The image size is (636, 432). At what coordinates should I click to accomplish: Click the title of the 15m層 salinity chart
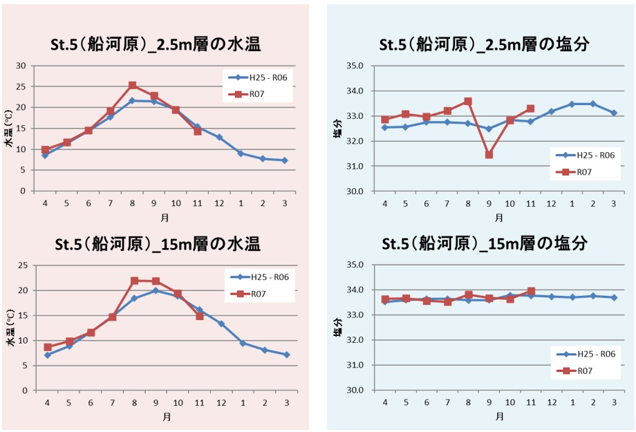484,244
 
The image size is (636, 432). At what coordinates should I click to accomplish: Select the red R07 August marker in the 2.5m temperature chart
132,86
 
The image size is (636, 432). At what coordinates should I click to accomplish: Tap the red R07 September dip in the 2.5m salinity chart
489,155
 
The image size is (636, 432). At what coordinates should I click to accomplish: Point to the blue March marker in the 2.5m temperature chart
285,160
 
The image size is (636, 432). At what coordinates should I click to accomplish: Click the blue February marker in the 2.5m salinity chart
592,104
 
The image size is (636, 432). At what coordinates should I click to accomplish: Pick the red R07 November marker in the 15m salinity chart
530,292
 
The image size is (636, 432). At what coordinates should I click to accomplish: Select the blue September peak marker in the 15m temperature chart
156,290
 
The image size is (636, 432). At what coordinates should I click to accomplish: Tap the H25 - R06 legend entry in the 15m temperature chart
261,277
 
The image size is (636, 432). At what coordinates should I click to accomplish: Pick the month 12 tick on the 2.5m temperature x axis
219,203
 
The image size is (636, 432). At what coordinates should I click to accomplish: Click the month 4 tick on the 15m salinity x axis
385,402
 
